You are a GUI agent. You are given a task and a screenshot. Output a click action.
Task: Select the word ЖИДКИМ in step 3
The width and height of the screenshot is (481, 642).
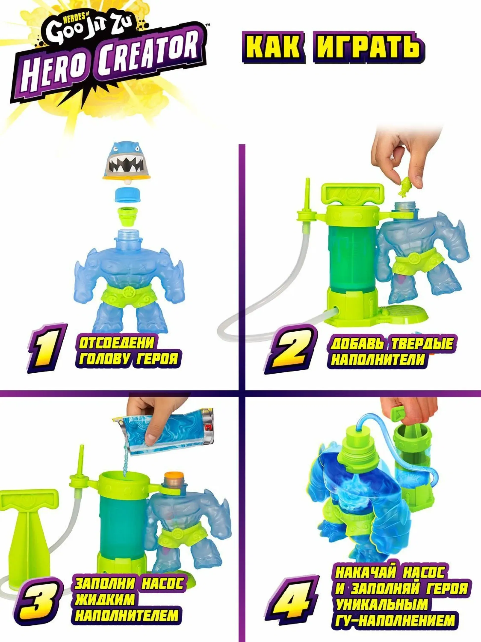coord(105,600)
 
